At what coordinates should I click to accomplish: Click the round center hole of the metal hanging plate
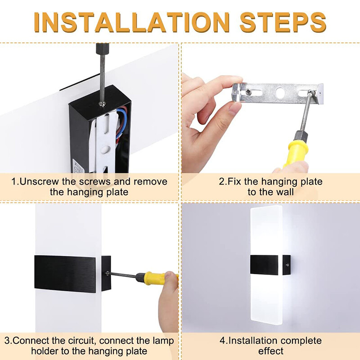280,94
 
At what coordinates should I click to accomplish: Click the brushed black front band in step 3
67,273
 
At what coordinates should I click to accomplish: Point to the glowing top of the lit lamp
265,220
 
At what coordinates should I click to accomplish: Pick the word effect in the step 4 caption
270,351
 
